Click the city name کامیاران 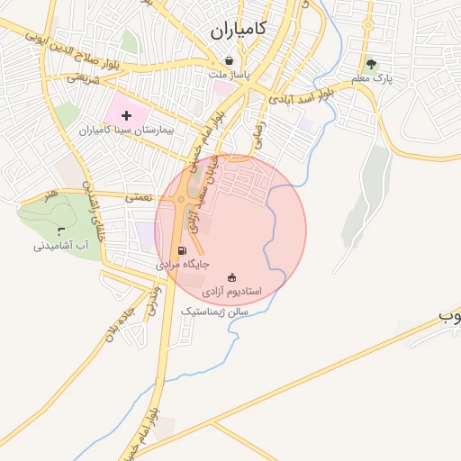pos(239,30)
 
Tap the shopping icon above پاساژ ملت pos(230,61)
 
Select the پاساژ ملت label pos(231,75)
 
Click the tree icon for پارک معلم pos(370,64)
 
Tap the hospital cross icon pos(126,115)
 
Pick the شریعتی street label pos(79,78)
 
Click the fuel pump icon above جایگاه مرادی pos(182,250)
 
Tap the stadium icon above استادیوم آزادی pos(232,277)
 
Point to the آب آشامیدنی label pos(61,245)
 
